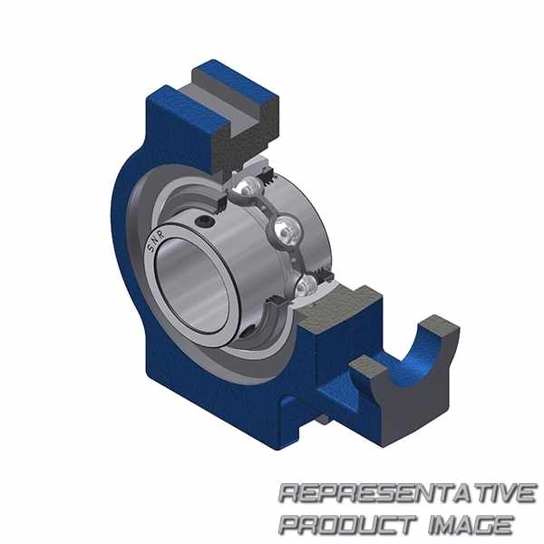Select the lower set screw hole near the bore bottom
point(247,333)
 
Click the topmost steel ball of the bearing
point(246,188)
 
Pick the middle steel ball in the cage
point(287,229)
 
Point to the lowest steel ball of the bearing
point(306,286)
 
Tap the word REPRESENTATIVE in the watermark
point(407,493)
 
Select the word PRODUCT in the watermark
point(348,524)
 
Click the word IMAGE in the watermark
point(471,524)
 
